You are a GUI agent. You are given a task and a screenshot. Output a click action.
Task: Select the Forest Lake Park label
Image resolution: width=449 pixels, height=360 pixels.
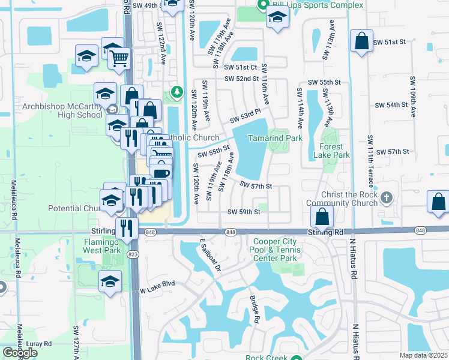pos(331,151)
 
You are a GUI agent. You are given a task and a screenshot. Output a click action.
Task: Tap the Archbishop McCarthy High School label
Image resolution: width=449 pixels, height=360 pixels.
pos(62,111)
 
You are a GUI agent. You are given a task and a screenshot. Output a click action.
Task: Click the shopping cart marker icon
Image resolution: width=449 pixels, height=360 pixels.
pos(120,58)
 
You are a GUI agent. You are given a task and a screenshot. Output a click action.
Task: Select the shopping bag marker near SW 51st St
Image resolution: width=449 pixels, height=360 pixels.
pos(362,42)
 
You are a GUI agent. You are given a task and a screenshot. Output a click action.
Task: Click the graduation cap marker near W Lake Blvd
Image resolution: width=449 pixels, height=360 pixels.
pos(110,281)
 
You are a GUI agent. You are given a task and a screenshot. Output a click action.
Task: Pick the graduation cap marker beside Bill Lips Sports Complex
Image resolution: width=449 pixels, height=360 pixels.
pos(277,17)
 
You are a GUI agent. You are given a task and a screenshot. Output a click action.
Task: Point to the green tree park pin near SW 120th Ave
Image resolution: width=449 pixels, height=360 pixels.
pos(176,92)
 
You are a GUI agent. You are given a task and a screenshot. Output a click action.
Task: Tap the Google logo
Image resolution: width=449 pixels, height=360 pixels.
pos(20,353)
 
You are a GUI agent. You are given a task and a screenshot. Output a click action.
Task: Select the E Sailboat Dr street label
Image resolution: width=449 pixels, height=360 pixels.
pos(211,254)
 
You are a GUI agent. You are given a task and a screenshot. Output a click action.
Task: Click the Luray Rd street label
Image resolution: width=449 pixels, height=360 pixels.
pos(39,344)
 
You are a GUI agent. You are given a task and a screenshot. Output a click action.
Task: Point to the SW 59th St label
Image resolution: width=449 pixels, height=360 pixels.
pos(244,212)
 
